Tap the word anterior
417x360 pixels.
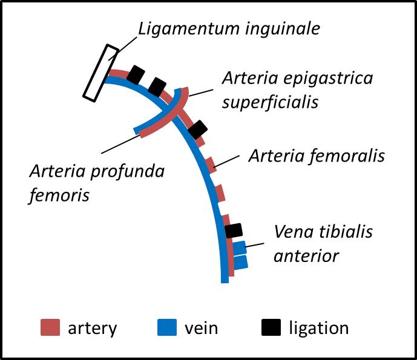tap(306, 255)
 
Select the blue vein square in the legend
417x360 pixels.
tap(166, 327)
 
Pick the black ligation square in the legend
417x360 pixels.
tap(272, 327)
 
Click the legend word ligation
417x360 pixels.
tap(318, 329)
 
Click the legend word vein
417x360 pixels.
tap(201, 328)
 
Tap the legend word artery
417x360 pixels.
tap(92, 329)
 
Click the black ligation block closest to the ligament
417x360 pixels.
tap(136, 76)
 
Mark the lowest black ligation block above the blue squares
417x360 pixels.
tap(234, 231)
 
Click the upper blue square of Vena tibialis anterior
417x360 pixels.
tap(240, 247)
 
